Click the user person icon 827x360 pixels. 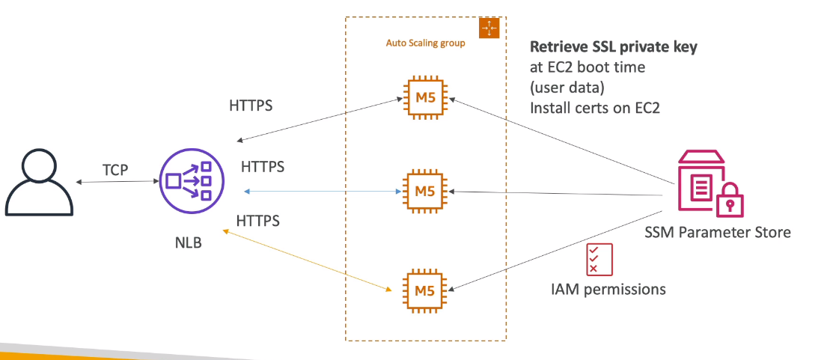click(39, 182)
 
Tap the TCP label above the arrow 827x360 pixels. click(116, 170)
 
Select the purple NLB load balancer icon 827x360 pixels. click(187, 181)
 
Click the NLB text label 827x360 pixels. click(187, 244)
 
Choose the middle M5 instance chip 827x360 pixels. click(425, 191)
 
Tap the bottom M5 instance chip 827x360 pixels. click(425, 288)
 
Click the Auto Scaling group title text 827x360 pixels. click(425, 43)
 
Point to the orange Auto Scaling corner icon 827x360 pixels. click(488, 28)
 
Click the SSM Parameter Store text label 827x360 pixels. click(717, 233)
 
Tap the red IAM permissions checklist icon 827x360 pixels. click(599, 259)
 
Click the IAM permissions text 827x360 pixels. click(607, 288)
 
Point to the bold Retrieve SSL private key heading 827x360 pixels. click(614, 47)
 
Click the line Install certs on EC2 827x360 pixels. click(594, 107)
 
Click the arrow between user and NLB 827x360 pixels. click(116, 183)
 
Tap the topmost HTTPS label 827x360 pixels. click(251, 106)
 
